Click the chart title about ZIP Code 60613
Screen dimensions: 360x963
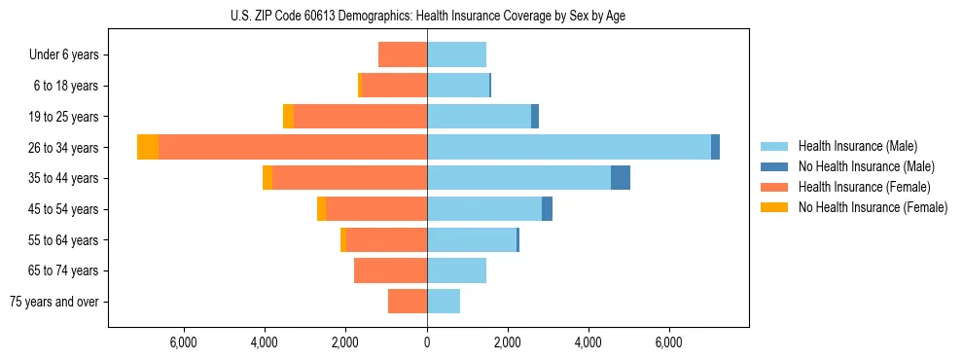click(428, 16)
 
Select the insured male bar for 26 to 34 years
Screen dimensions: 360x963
click(569, 147)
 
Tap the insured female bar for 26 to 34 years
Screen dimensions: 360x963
click(292, 147)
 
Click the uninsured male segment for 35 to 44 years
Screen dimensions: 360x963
click(621, 178)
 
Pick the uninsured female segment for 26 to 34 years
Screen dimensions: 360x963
click(148, 147)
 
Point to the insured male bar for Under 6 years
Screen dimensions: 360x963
click(456, 54)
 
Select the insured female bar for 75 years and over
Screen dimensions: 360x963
click(408, 302)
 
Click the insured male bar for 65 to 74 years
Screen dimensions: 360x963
click(456, 270)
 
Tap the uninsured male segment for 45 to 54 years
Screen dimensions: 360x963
click(547, 209)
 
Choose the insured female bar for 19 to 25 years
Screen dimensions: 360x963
click(360, 117)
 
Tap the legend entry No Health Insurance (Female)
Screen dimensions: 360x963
click(873, 207)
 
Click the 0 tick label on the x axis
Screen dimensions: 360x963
click(427, 342)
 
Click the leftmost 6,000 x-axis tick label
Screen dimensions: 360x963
click(184, 342)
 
